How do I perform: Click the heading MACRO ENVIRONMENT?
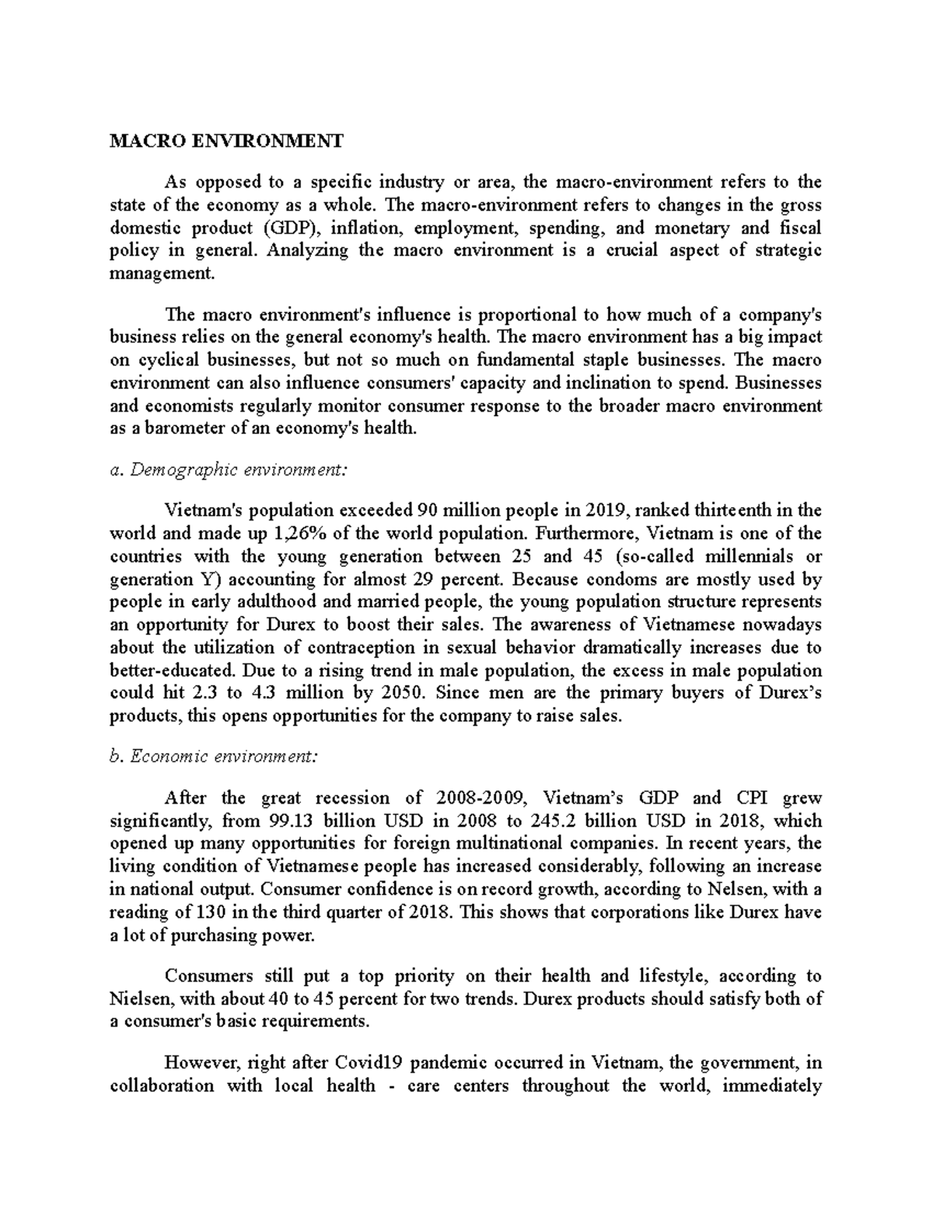point(226,141)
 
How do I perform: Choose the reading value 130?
point(199,912)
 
